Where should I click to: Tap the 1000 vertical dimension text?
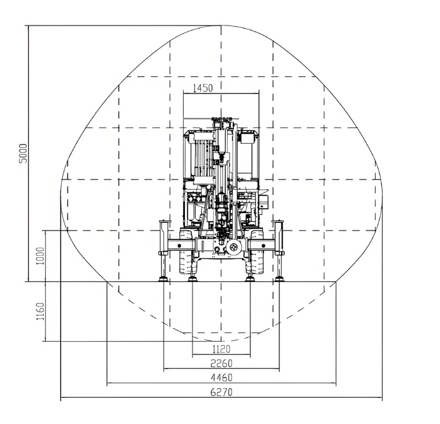point(40,255)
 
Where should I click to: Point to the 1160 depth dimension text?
point(40,311)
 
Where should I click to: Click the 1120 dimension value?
point(221,349)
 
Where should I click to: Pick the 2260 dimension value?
point(221,364)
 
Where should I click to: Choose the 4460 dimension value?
point(221,378)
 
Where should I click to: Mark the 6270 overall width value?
point(221,393)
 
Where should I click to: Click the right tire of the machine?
point(256,255)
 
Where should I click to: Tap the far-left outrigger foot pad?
point(164,278)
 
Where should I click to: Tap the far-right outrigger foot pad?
point(279,278)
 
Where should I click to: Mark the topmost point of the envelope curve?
point(221,26)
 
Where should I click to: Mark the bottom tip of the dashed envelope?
point(221,334)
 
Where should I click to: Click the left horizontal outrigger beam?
point(175,244)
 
